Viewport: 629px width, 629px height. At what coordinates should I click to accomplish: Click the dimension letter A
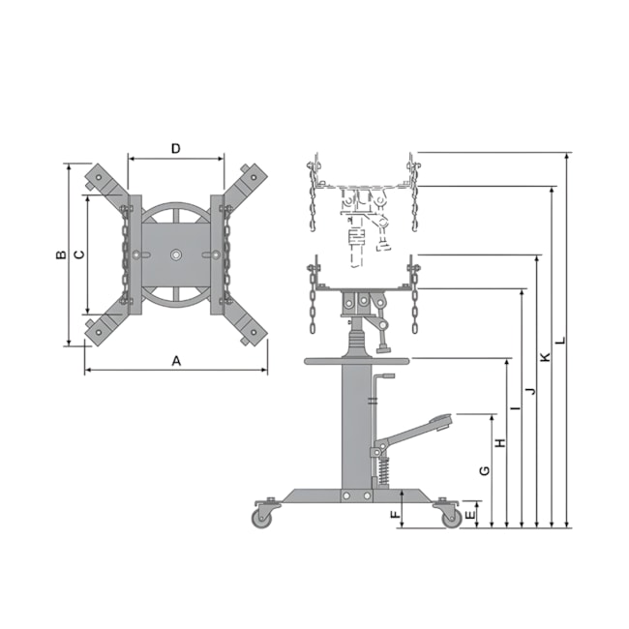point(176,360)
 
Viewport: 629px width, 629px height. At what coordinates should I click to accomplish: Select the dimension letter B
point(60,255)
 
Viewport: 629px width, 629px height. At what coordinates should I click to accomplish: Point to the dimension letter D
point(175,148)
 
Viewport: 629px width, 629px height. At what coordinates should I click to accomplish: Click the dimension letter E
point(470,514)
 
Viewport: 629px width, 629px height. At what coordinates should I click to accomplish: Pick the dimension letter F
point(395,514)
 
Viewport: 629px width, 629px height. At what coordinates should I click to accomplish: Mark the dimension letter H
point(500,443)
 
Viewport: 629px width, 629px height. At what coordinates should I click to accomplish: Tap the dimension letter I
point(515,409)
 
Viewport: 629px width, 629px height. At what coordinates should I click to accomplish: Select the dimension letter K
point(545,357)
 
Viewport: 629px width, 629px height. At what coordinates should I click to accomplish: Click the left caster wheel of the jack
point(262,518)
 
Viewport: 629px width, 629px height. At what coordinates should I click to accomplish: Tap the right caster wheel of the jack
point(450,518)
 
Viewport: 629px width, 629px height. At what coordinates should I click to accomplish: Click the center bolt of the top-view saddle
point(175,255)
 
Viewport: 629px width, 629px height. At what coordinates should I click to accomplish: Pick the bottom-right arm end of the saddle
point(254,332)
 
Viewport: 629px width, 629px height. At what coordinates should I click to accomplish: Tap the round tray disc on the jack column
point(357,362)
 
